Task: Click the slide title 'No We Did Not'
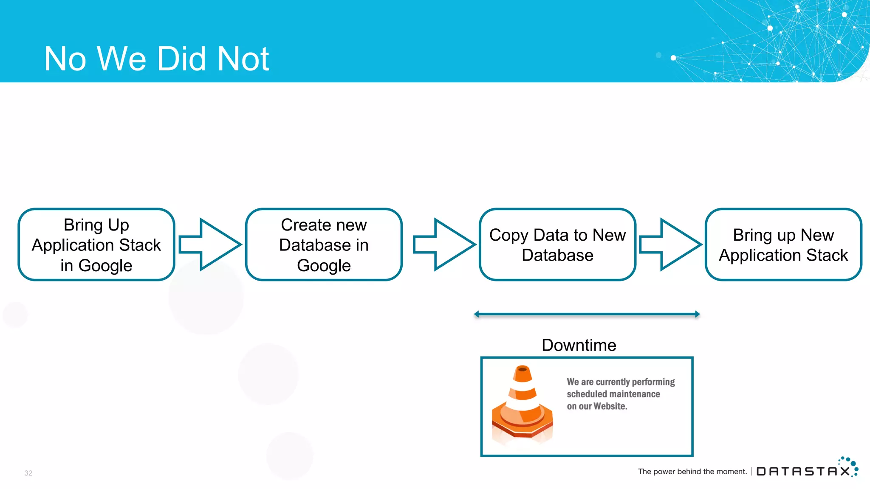(x=156, y=59)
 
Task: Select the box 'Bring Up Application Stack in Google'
(x=96, y=244)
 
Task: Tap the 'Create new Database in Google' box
(x=324, y=244)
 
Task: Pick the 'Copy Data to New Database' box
(x=557, y=244)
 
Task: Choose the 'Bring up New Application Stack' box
(x=783, y=244)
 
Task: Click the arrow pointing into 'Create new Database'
(x=210, y=244)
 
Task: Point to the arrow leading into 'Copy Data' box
(x=444, y=244)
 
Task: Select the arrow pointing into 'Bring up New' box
(x=670, y=244)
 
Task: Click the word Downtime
(x=579, y=345)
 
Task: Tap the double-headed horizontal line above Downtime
(x=587, y=314)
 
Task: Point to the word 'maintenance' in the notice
(x=635, y=394)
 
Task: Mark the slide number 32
(x=28, y=473)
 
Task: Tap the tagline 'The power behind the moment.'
(x=692, y=472)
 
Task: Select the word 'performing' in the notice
(x=653, y=382)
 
